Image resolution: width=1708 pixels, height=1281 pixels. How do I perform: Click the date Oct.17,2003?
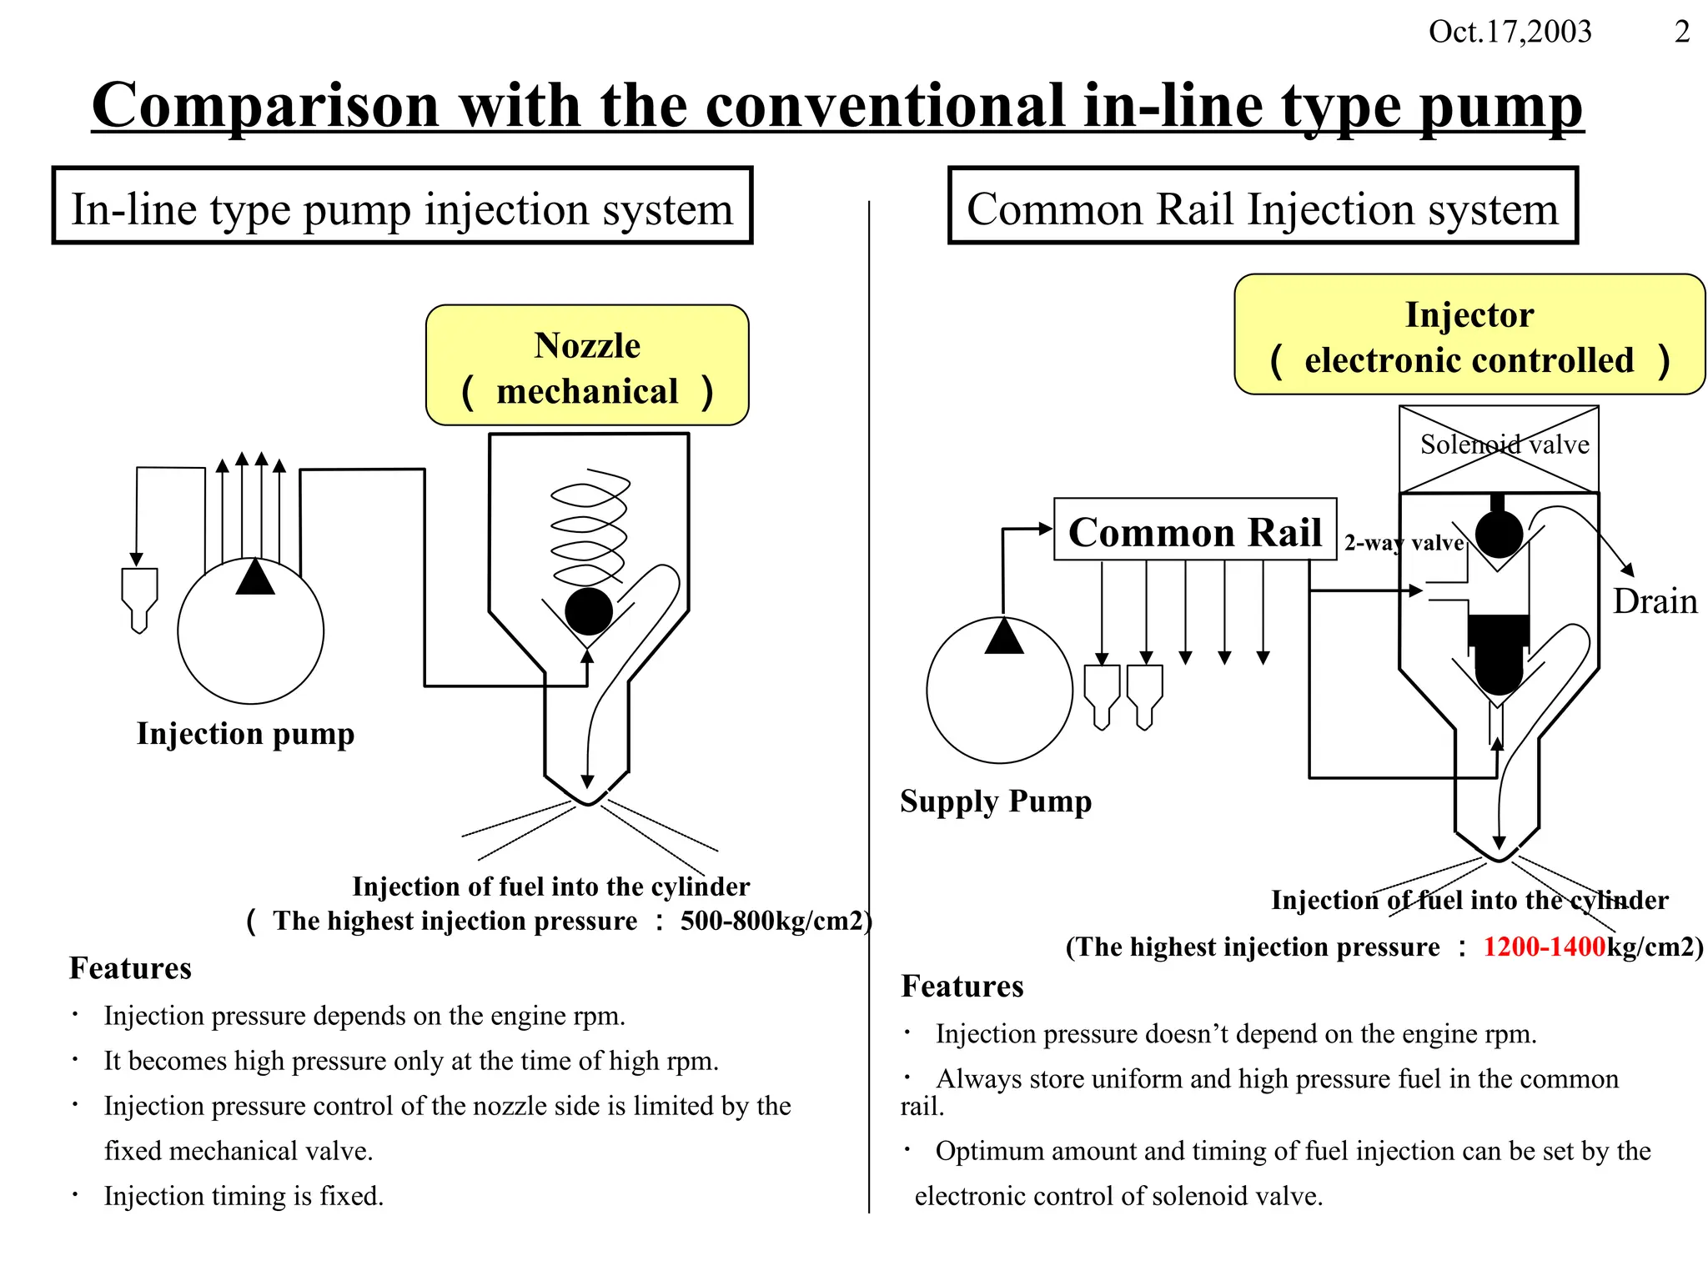(1510, 32)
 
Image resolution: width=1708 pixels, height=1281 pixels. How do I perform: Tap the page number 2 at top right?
(1682, 32)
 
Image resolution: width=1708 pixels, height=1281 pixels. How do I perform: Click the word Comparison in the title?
(265, 106)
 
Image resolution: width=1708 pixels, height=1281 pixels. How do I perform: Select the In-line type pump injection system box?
(402, 207)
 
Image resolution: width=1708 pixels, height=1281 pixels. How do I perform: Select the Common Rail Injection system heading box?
(1263, 207)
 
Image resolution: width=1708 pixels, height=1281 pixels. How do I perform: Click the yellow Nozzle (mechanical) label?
(587, 366)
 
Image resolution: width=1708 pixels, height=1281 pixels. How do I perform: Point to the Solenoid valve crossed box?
(1499, 449)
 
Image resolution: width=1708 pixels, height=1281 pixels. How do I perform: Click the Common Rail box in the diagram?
(1195, 530)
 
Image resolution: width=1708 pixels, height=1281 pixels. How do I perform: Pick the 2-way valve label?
(1404, 543)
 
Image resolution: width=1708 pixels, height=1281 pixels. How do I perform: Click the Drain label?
(1655, 601)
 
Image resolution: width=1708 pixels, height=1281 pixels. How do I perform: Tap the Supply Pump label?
(996, 801)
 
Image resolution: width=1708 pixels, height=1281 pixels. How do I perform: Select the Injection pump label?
(246, 733)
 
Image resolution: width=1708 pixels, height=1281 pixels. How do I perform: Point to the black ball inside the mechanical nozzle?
(589, 611)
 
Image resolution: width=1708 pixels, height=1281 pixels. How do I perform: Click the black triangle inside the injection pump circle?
(255, 578)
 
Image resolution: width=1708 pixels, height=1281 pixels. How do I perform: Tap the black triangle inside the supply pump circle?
(1004, 637)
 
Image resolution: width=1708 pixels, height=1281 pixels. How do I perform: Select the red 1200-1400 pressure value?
(1544, 947)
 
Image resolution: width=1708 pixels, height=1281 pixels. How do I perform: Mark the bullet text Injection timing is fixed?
(244, 1196)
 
